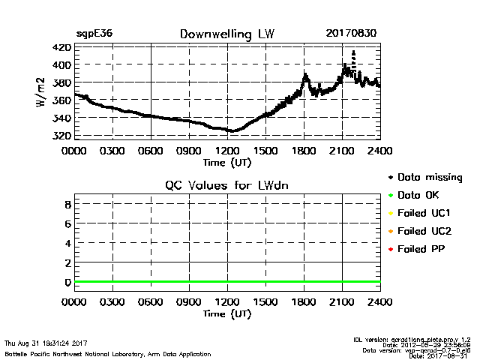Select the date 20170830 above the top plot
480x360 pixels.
(352, 34)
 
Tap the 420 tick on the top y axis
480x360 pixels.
(62, 47)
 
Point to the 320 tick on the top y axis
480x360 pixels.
(62, 136)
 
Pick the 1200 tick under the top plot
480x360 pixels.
(227, 150)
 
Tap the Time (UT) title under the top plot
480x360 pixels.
(227, 161)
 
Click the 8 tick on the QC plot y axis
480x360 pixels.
(67, 204)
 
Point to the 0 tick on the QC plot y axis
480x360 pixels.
(67, 283)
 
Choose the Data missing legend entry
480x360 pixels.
(430, 178)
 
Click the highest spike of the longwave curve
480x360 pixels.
(353, 52)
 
